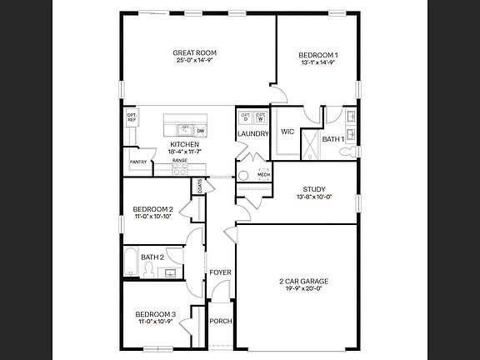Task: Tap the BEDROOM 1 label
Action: [x=318, y=56]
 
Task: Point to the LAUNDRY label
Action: [x=252, y=133]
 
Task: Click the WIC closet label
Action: [x=287, y=132]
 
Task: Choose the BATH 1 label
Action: [x=333, y=139]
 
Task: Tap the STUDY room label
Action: [x=314, y=189]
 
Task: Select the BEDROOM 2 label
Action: [x=153, y=209]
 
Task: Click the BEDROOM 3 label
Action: [x=156, y=314]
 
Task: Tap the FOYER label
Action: [x=220, y=272]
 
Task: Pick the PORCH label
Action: [x=220, y=321]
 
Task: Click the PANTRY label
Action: [x=138, y=162]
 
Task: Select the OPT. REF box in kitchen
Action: [x=132, y=118]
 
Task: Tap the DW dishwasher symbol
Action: [x=200, y=131]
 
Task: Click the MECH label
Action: [x=263, y=174]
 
